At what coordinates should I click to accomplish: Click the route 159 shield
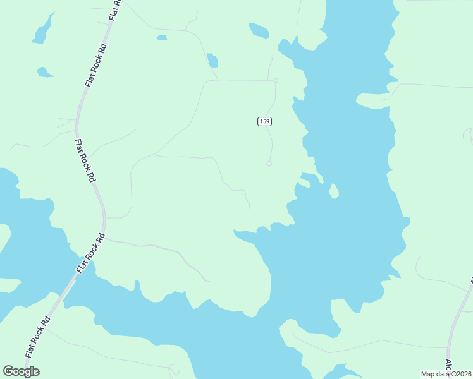[x=264, y=121]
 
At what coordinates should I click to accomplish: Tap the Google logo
[x=21, y=371]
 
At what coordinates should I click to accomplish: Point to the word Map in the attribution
[x=429, y=374]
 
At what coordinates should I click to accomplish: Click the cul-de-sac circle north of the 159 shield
[x=276, y=80]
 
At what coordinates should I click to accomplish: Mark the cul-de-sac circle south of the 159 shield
[x=269, y=164]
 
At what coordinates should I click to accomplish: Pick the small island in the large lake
[x=333, y=190]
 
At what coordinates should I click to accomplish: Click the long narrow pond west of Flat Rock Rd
[x=42, y=30]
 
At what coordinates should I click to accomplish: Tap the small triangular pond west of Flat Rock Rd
[x=44, y=72]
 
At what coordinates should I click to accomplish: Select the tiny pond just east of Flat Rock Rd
[x=162, y=37]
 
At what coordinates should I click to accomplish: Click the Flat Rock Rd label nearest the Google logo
[x=37, y=337]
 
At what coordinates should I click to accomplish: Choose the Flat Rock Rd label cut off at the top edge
[x=114, y=9]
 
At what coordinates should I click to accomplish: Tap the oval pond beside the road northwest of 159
[x=212, y=61]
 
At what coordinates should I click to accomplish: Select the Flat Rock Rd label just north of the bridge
[x=90, y=253]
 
